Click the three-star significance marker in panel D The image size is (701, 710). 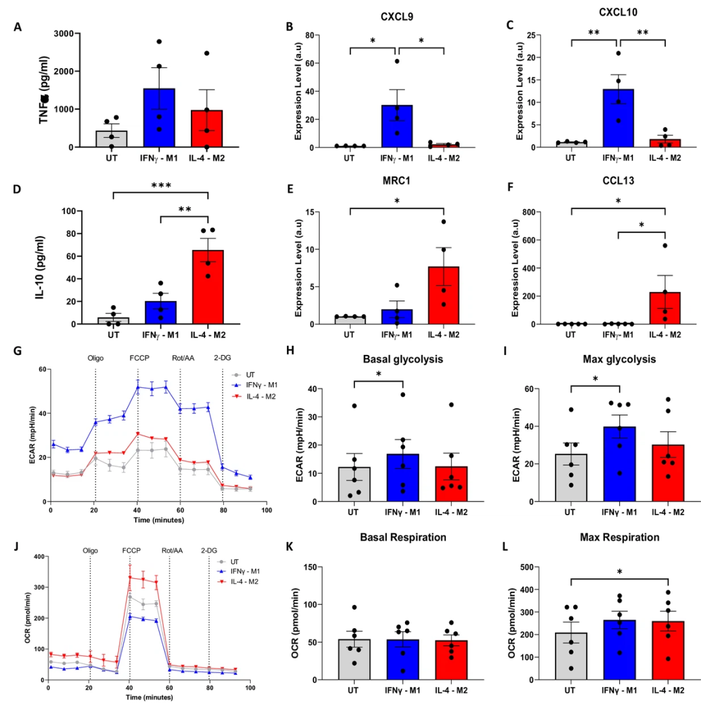(x=160, y=185)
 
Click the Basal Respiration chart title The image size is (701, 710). (x=396, y=538)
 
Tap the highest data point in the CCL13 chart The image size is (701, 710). (x=665, y=245)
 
